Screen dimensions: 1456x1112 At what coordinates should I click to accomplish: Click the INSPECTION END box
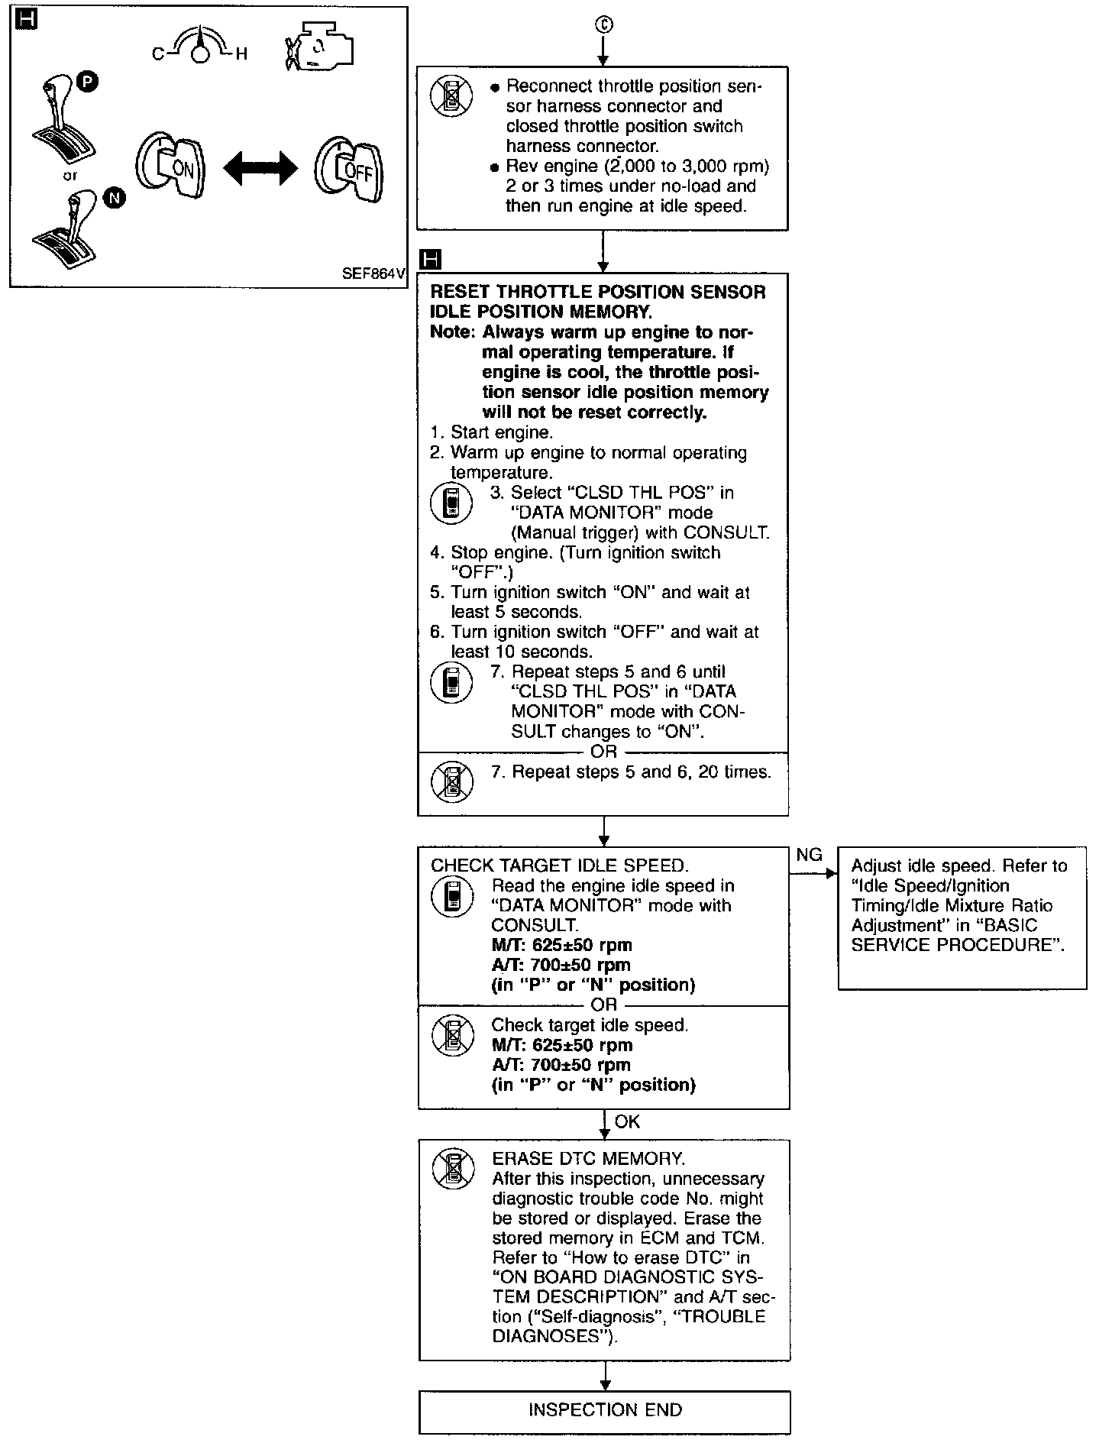pos(604,1410)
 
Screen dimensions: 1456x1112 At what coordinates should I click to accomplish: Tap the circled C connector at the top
pos(603,25)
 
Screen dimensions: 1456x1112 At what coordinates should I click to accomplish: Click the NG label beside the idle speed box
pos(809,855)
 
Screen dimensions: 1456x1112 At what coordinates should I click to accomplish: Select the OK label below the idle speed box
pos(627,1121)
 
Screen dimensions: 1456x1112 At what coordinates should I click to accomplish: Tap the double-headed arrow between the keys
pos(260,167)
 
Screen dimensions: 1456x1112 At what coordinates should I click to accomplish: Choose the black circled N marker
pos(114,199)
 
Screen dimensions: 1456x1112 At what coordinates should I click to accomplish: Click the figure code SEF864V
pos(373,273)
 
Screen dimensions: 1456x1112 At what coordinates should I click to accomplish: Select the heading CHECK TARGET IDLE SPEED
pos(560,866)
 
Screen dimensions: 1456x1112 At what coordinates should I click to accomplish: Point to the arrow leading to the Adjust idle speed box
pos(814,875)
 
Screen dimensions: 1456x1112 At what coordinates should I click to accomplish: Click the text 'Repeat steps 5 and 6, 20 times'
pos(630,772)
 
